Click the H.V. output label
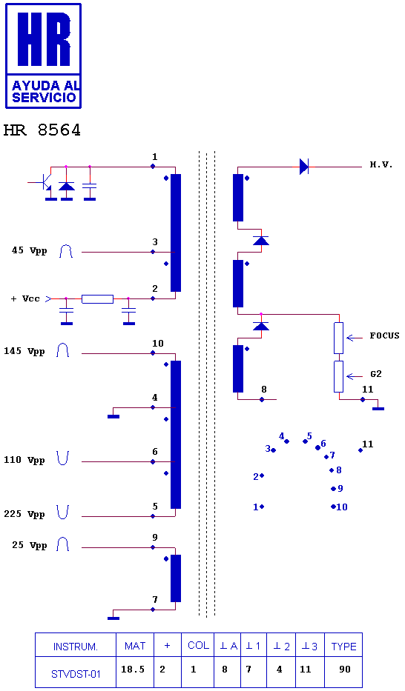pos(381,165)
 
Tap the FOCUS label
pos(384,336)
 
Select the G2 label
pos(376,374)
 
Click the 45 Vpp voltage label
pos(29,251)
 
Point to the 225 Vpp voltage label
pos(24,514)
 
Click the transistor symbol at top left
pos(43,181)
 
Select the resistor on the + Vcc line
pos(97,299)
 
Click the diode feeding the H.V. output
pos(303,167)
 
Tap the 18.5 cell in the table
pos(133,669)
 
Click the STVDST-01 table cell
pos(76,674)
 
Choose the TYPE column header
pos(343,647)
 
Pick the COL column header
pos(198,645)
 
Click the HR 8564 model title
pos(42,130)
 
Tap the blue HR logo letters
pos(43,39)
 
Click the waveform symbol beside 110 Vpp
pos(63,458)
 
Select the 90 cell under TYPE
pos(345,669)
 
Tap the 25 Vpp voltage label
pos(29,545)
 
